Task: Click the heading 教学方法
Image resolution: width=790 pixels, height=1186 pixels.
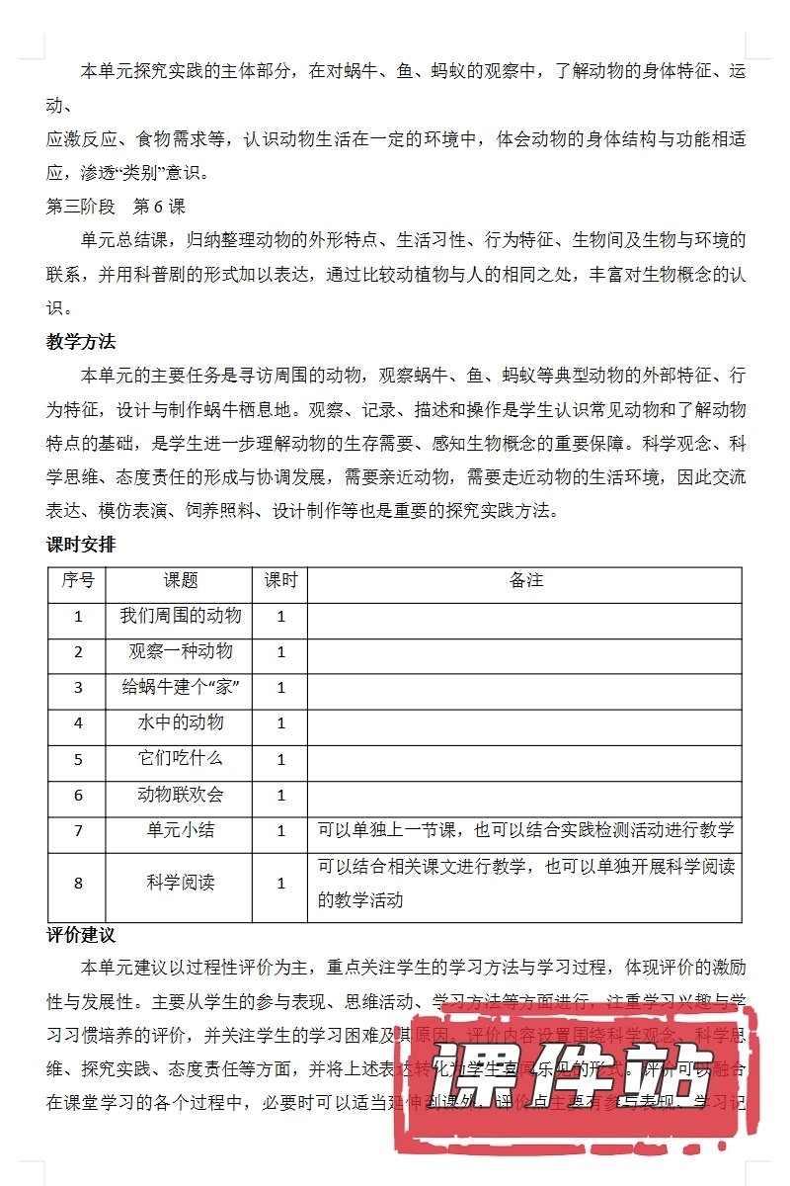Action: pos(81,342)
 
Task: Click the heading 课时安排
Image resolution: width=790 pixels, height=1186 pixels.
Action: pos(81,544)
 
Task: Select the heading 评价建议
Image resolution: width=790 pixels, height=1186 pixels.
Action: pos(81,935)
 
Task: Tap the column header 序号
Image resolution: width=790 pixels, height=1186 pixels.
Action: pos(78,580)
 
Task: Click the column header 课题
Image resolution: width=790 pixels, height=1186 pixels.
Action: pos(181,580)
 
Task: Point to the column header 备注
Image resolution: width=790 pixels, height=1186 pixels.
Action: pos(526,580)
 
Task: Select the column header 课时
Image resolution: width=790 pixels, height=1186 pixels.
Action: pos(280,580)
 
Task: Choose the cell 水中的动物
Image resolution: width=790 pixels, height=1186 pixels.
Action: pos(181,722)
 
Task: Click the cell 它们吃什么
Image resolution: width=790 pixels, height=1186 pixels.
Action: pos(181,758)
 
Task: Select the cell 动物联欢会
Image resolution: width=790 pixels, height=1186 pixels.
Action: pos(181,794)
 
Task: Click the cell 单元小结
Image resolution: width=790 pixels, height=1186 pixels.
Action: pos(181,830)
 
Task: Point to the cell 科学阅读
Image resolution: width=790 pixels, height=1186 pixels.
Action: pos(181,884)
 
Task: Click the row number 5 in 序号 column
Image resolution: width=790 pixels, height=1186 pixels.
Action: pos(78,759)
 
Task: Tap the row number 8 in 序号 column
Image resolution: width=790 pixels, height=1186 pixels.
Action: pos(78,884)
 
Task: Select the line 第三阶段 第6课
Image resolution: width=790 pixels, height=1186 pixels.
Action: pos(116,208)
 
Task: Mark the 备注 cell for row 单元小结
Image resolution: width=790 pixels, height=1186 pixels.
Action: pos(525,830)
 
